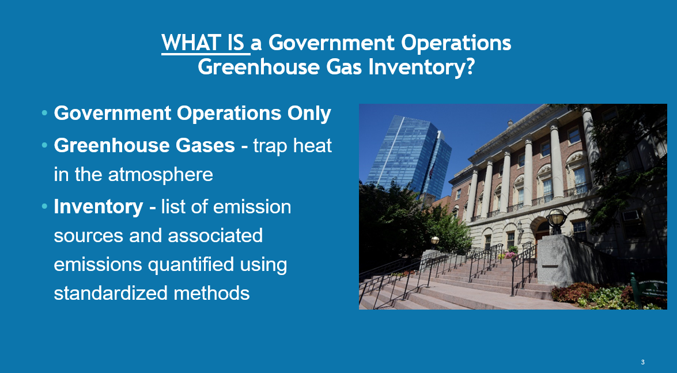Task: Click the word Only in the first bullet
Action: point(309,113)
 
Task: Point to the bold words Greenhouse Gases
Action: point(144,145)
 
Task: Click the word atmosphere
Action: point(161,175)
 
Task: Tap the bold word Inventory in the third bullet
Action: point(99,206)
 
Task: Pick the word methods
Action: point(211,293)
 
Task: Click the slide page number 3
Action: point(642,362)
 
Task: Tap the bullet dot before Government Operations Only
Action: point(44,113)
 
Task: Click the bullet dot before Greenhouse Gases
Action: point(44,145)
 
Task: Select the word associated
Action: point(215,236)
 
